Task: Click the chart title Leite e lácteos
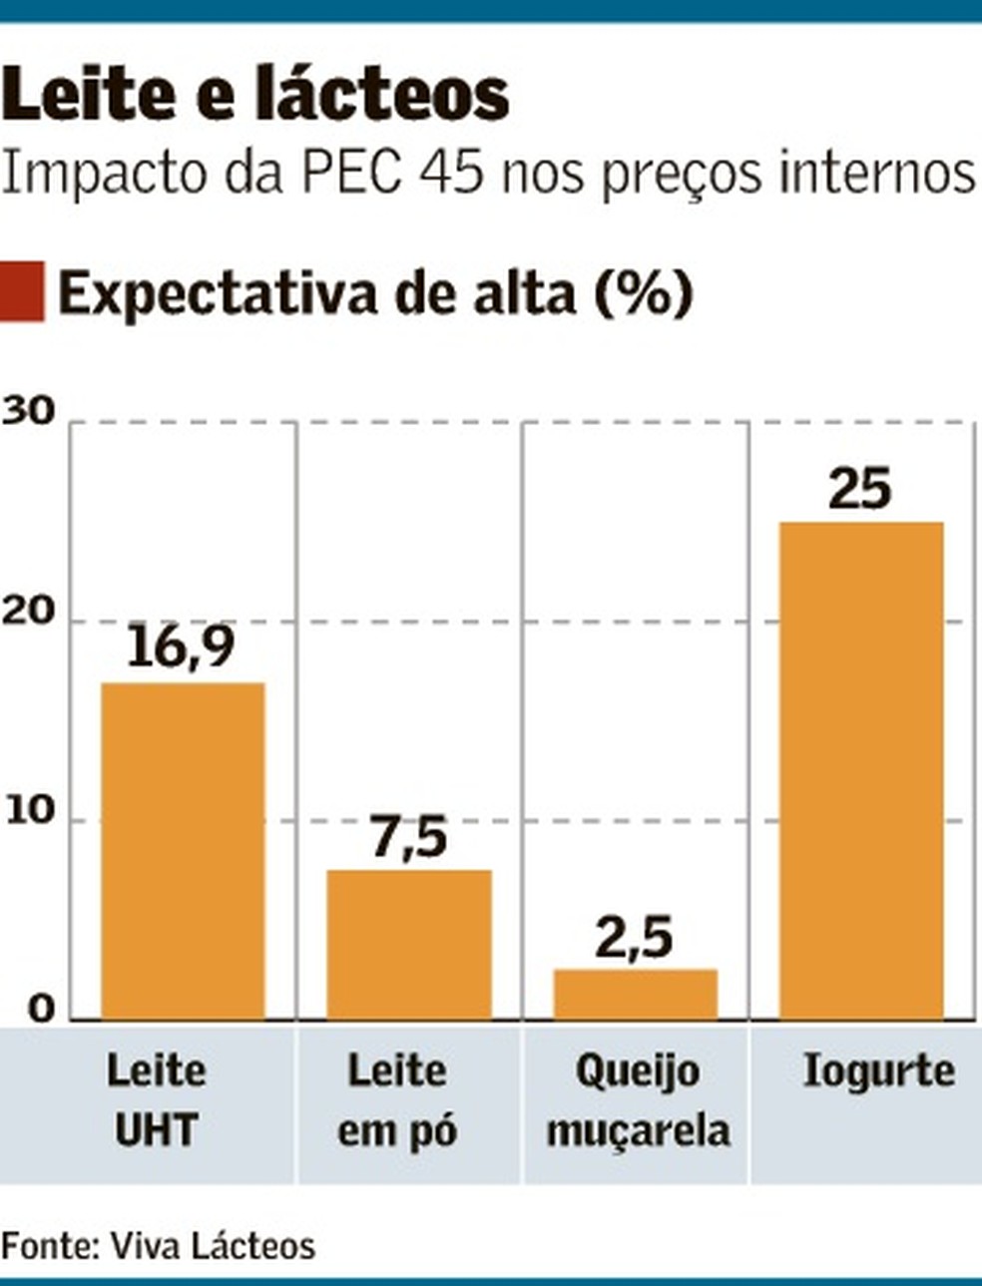255,95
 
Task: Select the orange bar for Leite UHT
183,850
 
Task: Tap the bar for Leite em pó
409,944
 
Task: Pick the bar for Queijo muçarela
636,994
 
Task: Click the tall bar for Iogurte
861,770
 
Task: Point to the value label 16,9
181,647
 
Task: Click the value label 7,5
409,836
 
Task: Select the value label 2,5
635,937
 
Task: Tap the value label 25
860,488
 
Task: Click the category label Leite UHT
156,1100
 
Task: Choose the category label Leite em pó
397,1100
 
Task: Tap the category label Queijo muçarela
639,1100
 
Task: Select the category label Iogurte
878,1072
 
